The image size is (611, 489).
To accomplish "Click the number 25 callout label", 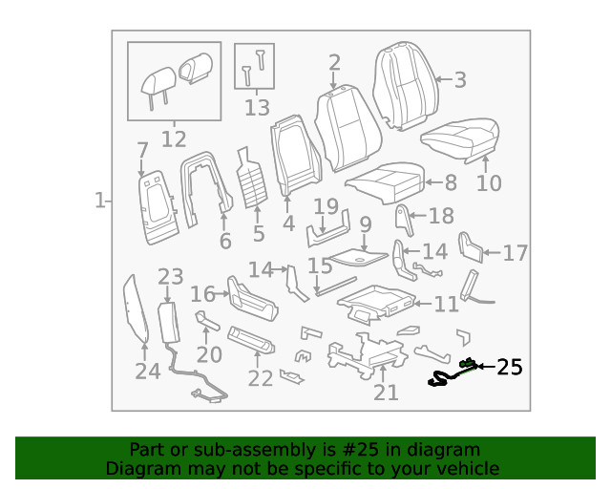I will coord(511,367).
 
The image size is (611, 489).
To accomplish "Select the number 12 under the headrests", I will coord(173,139).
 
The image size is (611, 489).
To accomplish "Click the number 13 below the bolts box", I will coord(257,107).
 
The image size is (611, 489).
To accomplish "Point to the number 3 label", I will coord(460,80).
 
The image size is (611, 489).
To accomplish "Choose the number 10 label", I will coord(488,181).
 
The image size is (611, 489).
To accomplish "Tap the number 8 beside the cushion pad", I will coord(451,181).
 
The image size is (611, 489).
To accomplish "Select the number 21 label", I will coord(386,392).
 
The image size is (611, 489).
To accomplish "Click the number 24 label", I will coord(147,371).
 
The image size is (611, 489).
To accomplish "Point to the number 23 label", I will coord(170,277).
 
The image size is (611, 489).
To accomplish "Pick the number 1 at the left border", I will coord(99,201).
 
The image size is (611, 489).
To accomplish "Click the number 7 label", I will coord(142,150).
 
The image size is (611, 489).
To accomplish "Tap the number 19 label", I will coord(326,206).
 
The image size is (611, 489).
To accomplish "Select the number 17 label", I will coord(515,253).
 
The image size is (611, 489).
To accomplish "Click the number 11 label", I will coord(446,305).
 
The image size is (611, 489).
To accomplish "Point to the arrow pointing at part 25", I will coord(485,367).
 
